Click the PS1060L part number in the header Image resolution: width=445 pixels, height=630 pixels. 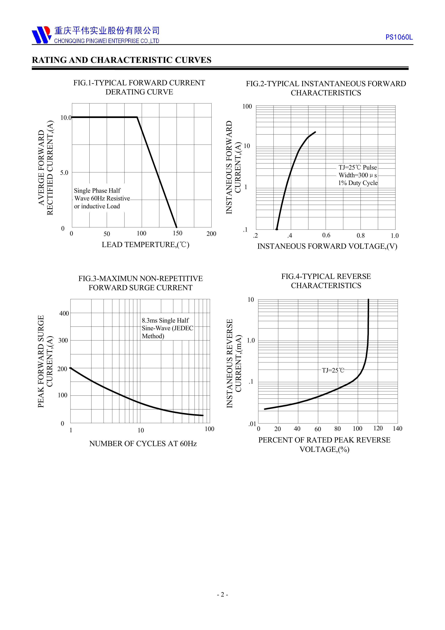[399, 37]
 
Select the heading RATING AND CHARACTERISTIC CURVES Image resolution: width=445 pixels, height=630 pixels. [121, 60]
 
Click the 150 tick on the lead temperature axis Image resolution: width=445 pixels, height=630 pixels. [177, 233]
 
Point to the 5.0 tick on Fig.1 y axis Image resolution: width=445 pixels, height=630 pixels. [64, 173]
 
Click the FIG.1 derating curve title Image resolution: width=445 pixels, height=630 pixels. [139, 87]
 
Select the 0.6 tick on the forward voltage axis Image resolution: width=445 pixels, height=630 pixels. [326, 235]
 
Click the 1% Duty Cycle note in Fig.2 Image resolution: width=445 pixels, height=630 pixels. [358, 183]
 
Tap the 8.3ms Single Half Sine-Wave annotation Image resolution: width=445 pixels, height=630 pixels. [167, 328]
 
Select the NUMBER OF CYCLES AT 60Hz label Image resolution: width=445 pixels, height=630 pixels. [143, 444]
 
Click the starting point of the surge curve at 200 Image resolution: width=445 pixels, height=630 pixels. [71, 368]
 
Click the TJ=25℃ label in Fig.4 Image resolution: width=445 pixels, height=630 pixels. [333, 370]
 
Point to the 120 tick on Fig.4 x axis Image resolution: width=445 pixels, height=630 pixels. [378, 428]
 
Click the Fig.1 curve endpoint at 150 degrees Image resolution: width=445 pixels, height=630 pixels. [176, 227]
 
